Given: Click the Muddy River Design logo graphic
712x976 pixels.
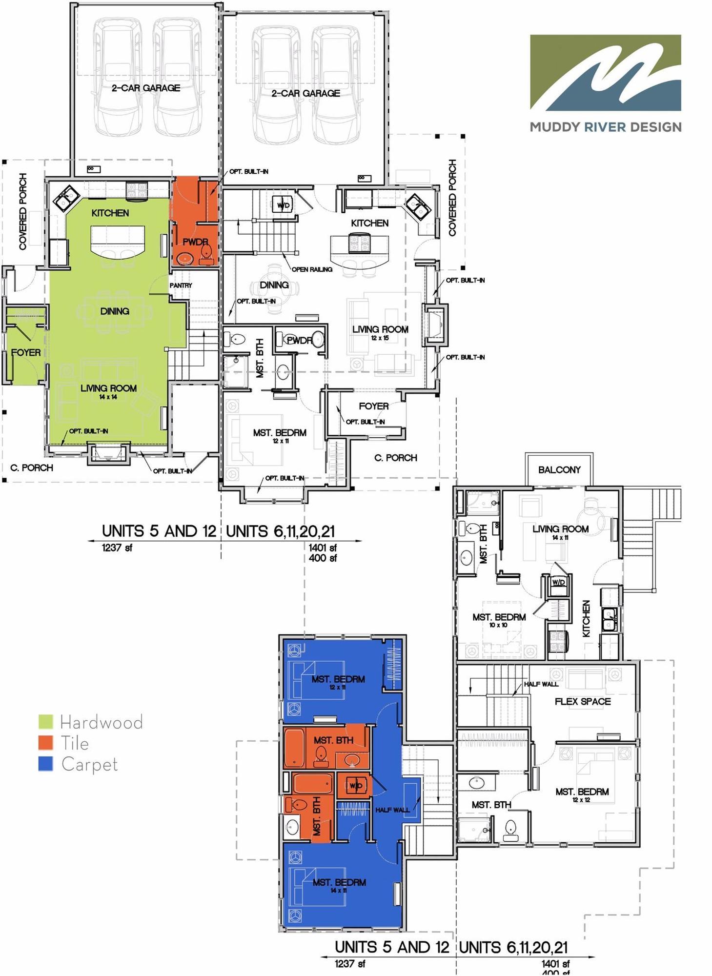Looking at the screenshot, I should pos(605,73).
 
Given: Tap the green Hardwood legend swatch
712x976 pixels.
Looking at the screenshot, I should pos(45,721).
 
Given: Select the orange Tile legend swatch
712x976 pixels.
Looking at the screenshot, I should pos(45,742).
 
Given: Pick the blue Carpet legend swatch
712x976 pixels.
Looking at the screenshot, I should pos(45,764).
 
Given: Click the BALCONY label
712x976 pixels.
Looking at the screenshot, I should pos(559,469).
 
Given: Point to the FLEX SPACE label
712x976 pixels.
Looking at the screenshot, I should pos(583,701).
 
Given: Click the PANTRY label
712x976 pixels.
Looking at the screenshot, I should pos(181,285).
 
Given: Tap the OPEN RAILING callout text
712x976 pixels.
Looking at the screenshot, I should pos(312,269).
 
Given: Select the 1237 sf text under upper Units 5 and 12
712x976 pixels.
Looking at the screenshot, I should pos(117,548).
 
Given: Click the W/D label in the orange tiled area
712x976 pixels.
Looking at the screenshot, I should pos(356,786).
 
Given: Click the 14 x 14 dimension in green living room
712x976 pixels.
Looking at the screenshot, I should pos(108,397).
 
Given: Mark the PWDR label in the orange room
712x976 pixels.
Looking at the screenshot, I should pos(195,242).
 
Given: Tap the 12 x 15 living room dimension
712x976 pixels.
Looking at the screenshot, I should pos(380,338).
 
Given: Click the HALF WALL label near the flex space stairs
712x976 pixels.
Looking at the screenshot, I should pos(541,684).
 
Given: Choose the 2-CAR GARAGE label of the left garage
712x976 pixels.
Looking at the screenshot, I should pos(146,88).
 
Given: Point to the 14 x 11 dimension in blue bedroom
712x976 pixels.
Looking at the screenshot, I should pos(339,891).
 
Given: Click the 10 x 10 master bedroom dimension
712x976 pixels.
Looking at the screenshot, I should pos(498,625).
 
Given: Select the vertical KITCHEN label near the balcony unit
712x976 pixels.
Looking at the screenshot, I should pos(587,618).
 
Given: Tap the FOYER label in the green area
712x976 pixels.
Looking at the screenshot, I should pos(26,352).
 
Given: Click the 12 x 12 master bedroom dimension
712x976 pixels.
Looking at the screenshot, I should pos(581,800).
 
